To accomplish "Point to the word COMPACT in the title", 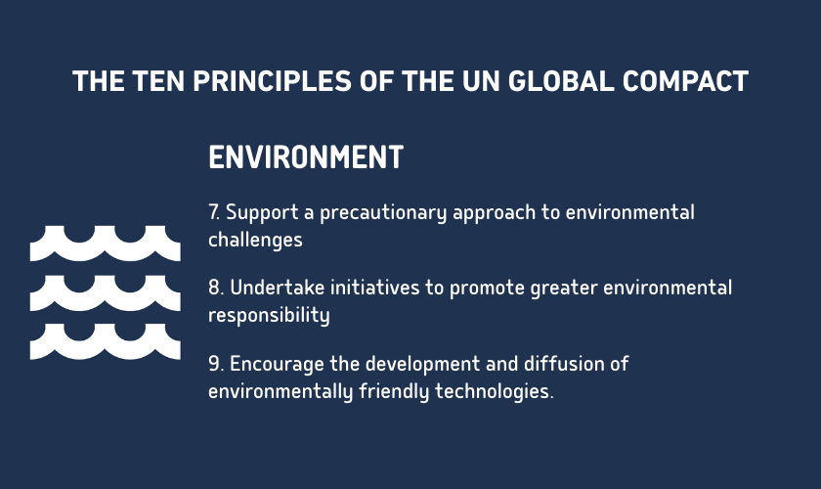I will [689, 81].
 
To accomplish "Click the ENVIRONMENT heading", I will [306, 157].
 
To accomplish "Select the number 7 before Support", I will [213, 212].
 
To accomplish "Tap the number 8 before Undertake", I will [213, 289].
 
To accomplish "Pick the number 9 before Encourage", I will [213, 365].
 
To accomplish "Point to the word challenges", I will [255, 239].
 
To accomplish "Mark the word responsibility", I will [269, 315].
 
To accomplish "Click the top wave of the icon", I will [105, 242].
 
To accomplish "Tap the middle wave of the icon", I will [105, 291].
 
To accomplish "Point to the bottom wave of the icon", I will [105, 340].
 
